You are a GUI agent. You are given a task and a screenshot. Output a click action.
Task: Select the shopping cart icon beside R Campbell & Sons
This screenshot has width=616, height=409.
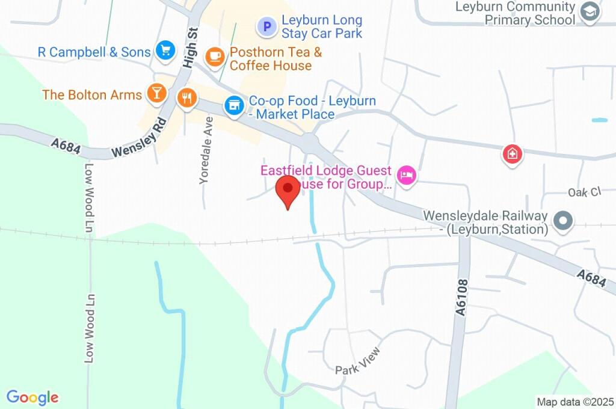(165, 51)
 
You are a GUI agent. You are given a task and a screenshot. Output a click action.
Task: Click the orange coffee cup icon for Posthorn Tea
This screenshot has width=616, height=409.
(215, 57)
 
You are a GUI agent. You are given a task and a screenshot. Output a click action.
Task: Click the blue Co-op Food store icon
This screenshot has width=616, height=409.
(233, 106)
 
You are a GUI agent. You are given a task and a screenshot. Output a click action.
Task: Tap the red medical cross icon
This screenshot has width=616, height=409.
(512, 154)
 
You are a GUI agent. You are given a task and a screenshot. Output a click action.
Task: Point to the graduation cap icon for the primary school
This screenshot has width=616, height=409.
(590, 12)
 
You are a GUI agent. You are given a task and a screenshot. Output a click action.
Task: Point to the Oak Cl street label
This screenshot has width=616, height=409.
(584, 192)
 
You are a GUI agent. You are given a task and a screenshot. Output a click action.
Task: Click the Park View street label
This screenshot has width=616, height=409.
(358, 360)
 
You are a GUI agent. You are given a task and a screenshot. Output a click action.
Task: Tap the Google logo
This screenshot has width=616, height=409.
(32, 398)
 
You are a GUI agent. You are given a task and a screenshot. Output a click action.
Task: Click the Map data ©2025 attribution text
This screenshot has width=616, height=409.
(575, 402)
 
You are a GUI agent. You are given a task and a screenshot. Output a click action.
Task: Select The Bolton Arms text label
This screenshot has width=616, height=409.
(92, 95)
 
